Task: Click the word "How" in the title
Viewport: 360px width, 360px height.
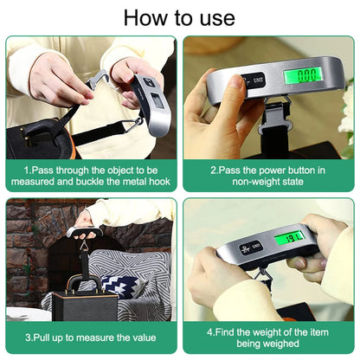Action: [x=140, y=17]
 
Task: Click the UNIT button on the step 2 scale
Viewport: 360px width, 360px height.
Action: [x=259, y=81]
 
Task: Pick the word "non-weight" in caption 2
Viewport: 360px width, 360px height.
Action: [x=253, y=183]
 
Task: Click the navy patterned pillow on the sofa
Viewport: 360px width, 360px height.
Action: [x=119, y=286]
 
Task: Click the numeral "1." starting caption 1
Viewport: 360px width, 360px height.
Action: [x=28, y=170]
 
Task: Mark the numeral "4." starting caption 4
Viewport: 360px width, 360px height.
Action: [x=210, y=331]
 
